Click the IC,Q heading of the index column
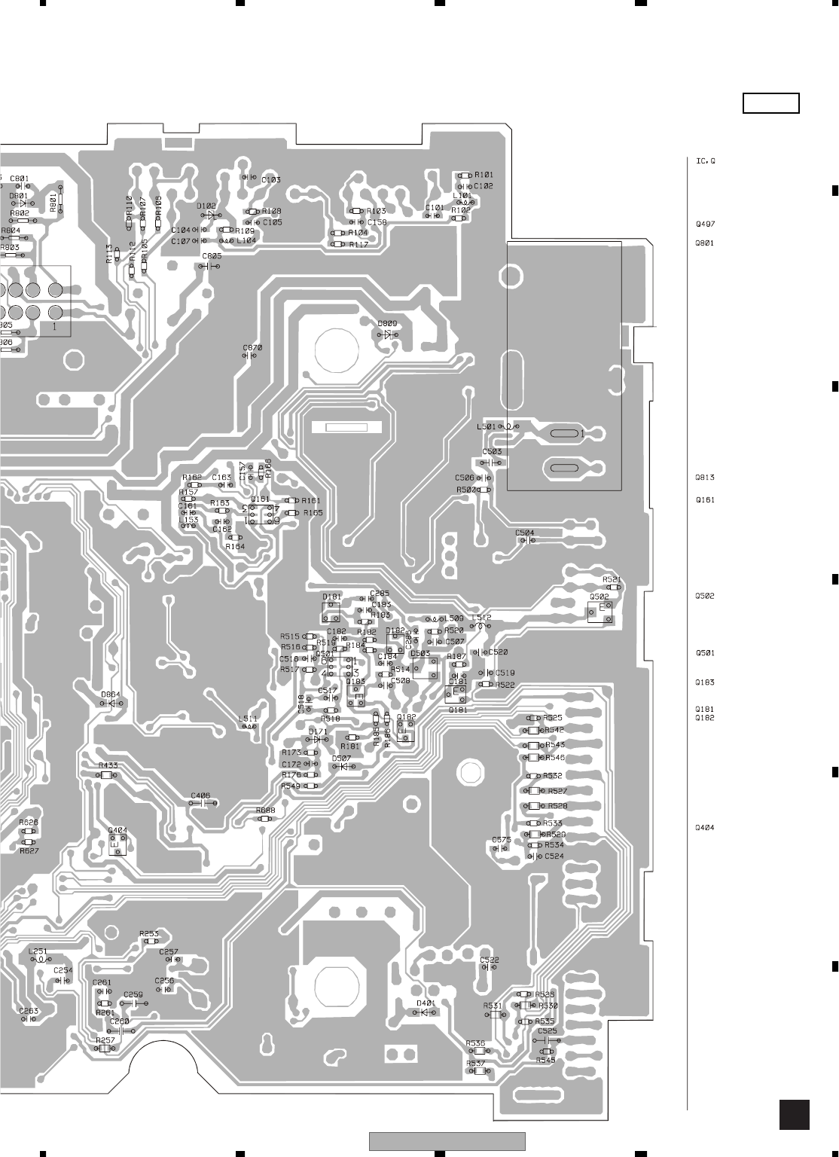705,161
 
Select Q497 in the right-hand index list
705,224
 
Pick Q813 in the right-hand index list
705,478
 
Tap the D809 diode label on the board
388,323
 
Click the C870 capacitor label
252,347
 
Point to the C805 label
212,257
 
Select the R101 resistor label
484,175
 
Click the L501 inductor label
487,426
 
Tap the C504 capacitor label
525,533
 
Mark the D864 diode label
111,694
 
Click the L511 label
248,719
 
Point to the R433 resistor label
108,765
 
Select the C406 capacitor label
200,795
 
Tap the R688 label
265,810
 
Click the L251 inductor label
38,951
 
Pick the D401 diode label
426,1003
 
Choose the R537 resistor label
475,1063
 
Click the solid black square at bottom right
795,1115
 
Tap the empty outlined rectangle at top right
770,103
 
